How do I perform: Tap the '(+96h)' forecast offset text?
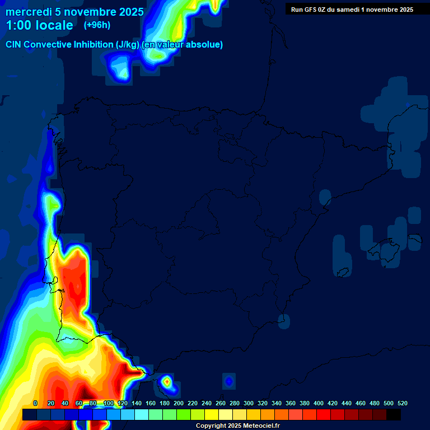pyautogui.click(x=97, y=25)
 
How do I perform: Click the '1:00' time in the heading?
pyautogui.click(x=18, y=25)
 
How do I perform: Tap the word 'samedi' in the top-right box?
pyautogui.click(x=348, y=9)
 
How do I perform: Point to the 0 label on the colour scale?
pyautogui.click(x=35, y=403)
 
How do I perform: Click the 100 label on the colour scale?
pyautogui.click(x=109, y=403)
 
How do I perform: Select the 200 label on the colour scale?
pyautogui.click(x=179, y=403)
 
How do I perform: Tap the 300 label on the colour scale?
pyautogui.click(x=249, y=403)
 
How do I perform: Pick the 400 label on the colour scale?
pyautogui.click(x=319, y=403)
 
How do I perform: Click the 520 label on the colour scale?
pyautogui.click(x=402, y=403)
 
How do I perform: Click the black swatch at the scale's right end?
pyautogui.click(x=394, y=414)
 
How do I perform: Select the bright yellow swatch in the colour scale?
pyautogui.click(x=212, y=414)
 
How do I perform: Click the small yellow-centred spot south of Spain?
pyautogui.click(x=167, y=382)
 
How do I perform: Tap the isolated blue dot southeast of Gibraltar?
pyautogui.click(x=228, y=381)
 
